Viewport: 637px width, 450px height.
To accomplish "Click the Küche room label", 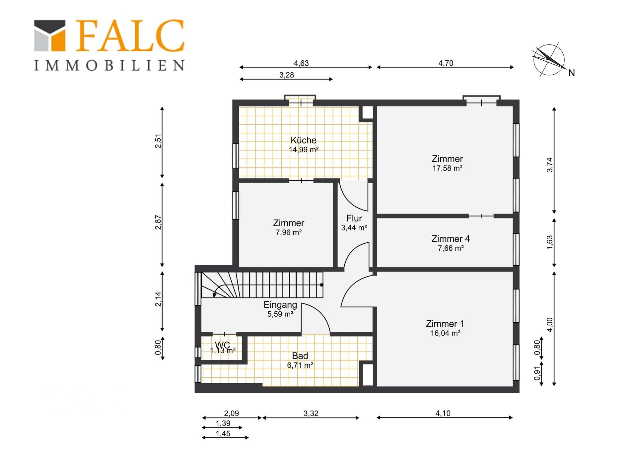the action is (x=303, y=140).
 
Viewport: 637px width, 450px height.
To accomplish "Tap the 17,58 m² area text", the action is (x=447, y=168).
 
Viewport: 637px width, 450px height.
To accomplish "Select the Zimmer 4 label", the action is (x=451, y=239).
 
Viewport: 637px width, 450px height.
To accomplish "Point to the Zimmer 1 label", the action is (x=445, y=324).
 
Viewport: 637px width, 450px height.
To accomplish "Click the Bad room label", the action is (x=300, y=356).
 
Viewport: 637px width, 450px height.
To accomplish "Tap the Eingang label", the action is (x=280, y=305).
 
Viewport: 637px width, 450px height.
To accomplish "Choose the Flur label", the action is (x=354, y=218).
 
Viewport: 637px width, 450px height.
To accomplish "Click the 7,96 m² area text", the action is (x=289, y=232).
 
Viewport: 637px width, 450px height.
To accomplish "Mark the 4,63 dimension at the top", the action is (x=301, y=63).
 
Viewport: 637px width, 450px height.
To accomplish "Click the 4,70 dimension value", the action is (x=446, y=63).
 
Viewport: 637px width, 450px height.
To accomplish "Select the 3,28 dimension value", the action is (x=287, y=75).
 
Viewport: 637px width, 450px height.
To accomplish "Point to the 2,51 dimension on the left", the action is (x=158, y=141).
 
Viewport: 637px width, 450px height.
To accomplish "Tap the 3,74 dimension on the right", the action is (x=550, y=165).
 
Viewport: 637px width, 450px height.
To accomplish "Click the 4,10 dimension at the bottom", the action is (x=443, y=413).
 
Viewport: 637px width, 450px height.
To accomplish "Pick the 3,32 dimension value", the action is (x=311, y=413).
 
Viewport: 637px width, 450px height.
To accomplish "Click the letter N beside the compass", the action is (x=571, y=73).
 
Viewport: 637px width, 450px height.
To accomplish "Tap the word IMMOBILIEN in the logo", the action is (x=109, y=65).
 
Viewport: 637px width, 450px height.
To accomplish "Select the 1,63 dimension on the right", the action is (x=550, y=242).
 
